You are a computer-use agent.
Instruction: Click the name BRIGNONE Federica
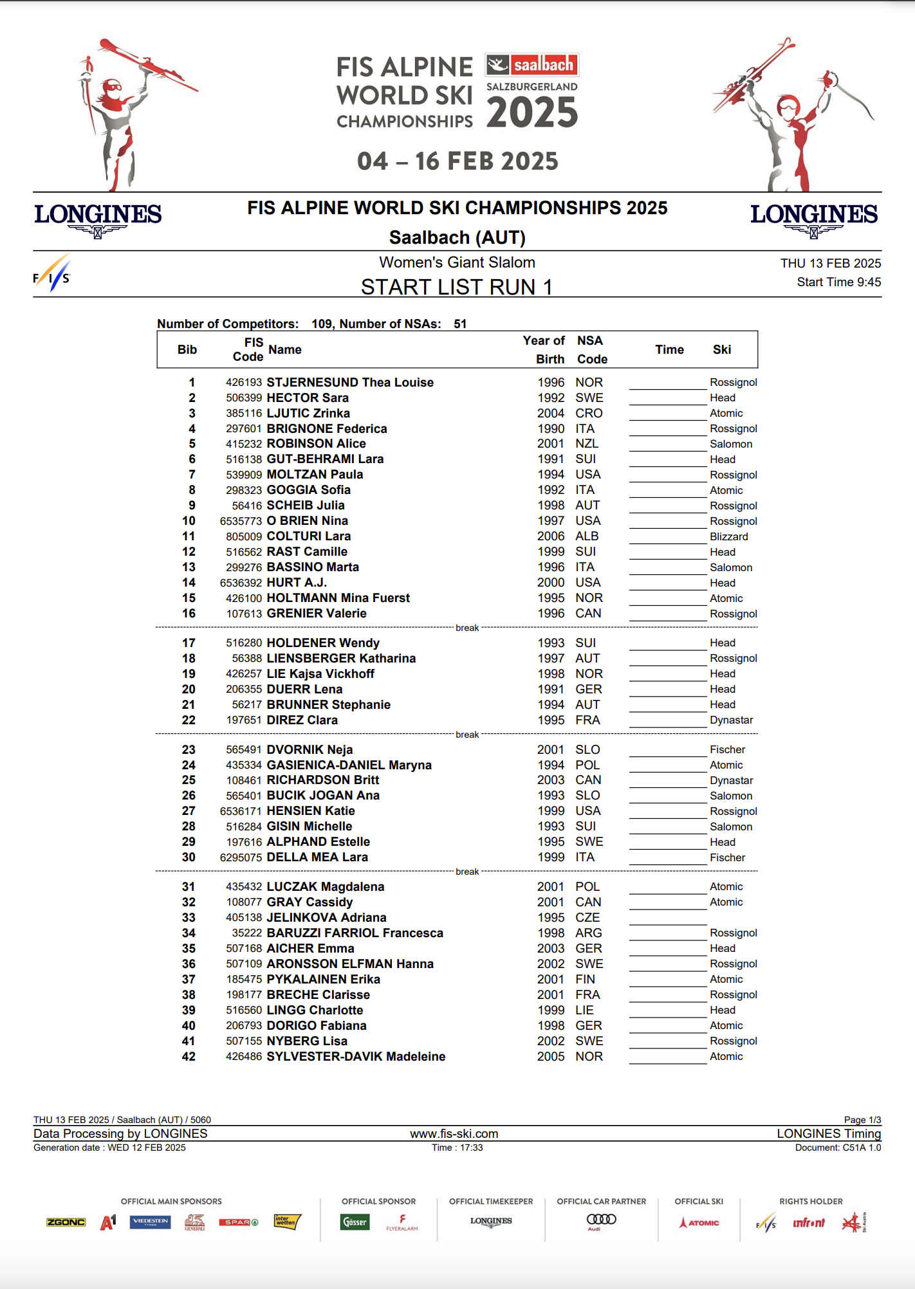pyautogui.click(x=326, y=428)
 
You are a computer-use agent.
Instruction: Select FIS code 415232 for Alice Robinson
pyautogui.click(x=243, y=444)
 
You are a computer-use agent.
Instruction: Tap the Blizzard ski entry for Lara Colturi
pyautogui.click(x=728, y=536)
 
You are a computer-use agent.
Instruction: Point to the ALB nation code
pyautogui.click(x=587, y=536)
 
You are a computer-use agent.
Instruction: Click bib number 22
pyautogui.click(x=189, y=720)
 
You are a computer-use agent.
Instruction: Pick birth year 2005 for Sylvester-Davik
pyautogui.click(x=551, y=1056)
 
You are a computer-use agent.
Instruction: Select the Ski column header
pyautogui.click(x=721, y=349)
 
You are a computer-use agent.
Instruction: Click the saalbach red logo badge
pyautogui.click(x=532, y=64)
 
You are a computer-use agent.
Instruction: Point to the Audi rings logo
pyautogui.click(x=601, y=1219)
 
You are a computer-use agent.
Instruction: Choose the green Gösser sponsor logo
pyautogui.click(x=355, y=1221)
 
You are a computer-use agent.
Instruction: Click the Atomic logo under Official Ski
pyautogui.click(x=699, y=1222)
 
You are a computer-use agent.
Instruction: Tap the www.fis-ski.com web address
pyautogui.click(x=454, y=1133)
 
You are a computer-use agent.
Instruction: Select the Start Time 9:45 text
pyautogui.click(x=838, y=282)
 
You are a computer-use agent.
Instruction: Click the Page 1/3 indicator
pyautogui.click(x=862, y=1120)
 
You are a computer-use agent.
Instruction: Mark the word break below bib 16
pyautogui.click(x=467, y=628)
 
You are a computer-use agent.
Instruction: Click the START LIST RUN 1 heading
pyautogui.click(x=456, y=287)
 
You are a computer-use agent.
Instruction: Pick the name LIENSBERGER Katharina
pyautogui.click(x=341, y=658)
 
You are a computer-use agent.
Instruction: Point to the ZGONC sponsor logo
pyautogui.click(x=66, y=1222)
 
